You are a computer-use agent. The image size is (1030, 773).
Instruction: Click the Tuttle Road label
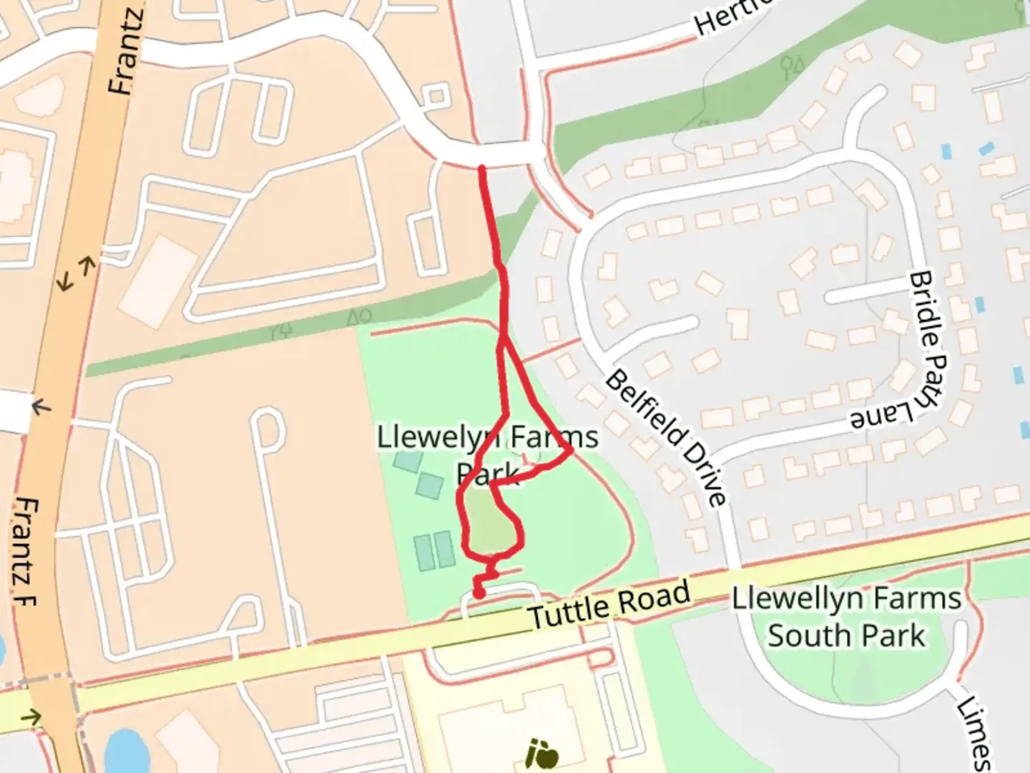coord(609,606)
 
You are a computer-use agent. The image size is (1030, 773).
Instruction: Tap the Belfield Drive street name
coord(666,437)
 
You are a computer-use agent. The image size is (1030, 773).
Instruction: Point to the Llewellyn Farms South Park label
coord(846,617)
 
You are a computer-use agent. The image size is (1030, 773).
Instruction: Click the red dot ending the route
coord(479,593)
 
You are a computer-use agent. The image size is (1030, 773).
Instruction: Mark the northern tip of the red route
coord(482,169)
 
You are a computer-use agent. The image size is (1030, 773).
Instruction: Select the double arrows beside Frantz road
coord(76,274)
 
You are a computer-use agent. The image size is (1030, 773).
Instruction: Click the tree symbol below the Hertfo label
coord(792,67)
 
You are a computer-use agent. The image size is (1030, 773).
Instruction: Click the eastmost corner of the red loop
coord(570,452)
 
